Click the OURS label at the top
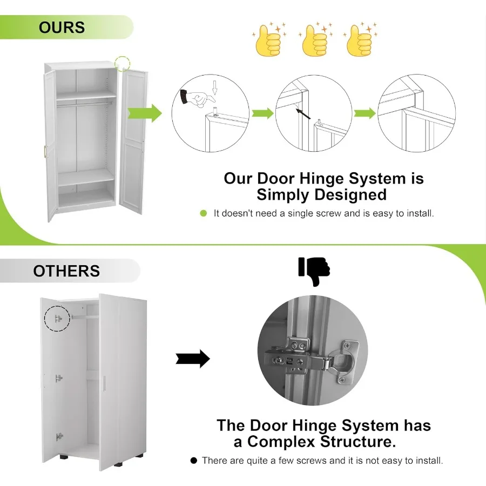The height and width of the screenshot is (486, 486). click(x=62, y=27)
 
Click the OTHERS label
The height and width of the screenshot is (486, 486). click(x=66, y=271)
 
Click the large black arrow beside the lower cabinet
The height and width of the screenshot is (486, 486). click(x=193, y=359)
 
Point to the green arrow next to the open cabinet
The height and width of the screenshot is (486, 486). click(x=145, y=113)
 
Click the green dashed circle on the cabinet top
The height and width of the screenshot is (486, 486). click(x=123, y=63)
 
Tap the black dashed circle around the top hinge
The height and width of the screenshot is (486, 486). click(x=57, y=318)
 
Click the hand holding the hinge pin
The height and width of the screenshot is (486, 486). click(x=197, y=97)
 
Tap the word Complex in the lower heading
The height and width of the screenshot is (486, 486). click(x=281, y=442)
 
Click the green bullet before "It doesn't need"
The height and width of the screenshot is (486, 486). click(x=204, y=213)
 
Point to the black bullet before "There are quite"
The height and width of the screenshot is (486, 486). click(x=194, y=461)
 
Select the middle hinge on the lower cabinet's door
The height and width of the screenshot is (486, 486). click(x=59, y=379)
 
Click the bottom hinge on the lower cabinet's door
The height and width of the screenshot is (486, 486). click(x=59, y=436)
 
